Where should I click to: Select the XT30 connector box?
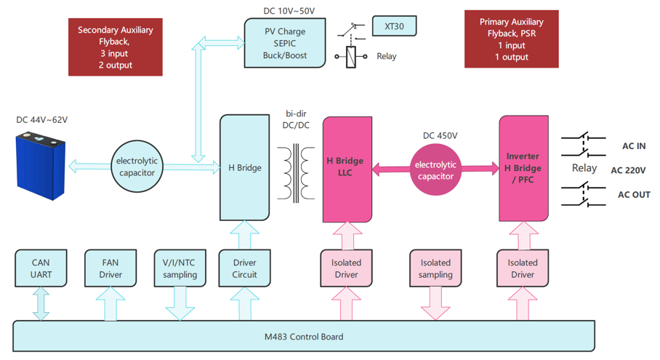[394, 27]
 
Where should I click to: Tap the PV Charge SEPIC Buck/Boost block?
[284, 44]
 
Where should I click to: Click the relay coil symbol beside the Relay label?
[351, 57]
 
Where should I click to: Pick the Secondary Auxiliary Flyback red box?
[116, 47]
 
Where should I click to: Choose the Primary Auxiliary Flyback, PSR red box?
[511, 39]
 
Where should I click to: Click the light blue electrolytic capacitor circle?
[137, 167]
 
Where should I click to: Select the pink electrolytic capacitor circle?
[435, 170]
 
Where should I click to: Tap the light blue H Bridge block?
[245, 168]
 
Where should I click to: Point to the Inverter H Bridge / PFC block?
[523, 168]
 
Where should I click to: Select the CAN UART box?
[41, 268]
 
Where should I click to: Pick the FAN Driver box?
[110, 268]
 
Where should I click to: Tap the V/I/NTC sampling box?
[180, 268]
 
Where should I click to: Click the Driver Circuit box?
[244, 268]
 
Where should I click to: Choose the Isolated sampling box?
[435, 268]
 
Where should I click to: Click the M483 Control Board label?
[303, 337]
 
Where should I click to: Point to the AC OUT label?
[633, 195]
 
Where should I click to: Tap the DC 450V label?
[440, 136]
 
